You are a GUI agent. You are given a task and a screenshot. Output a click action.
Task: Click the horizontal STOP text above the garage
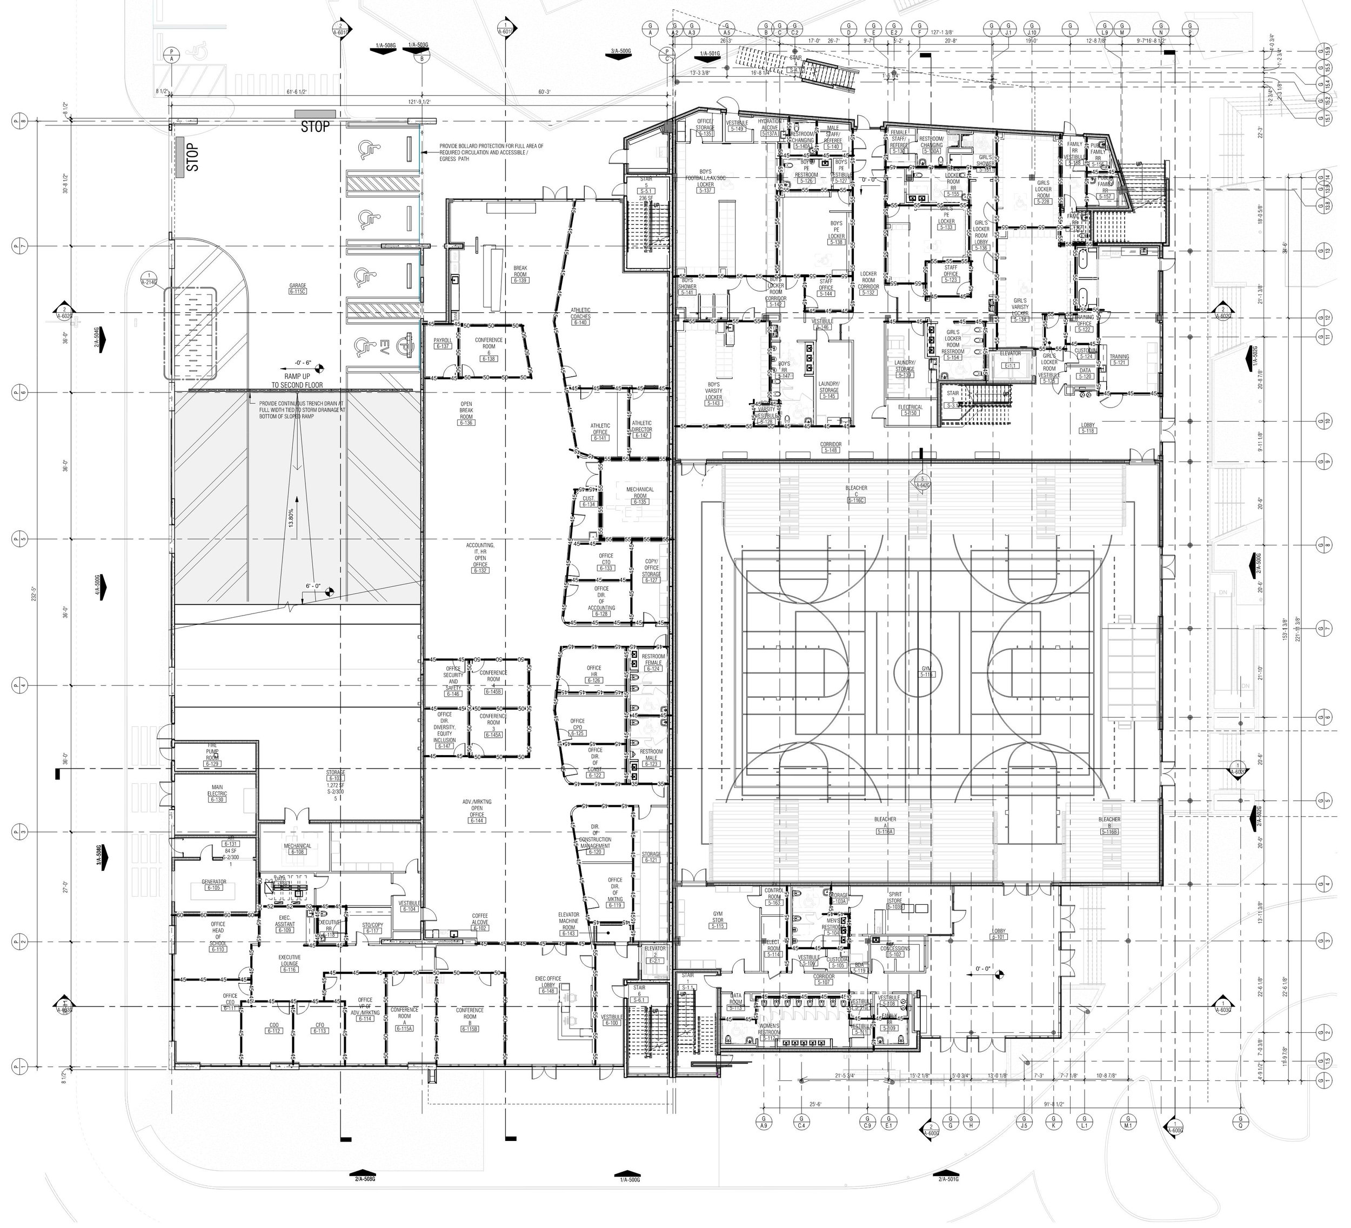pyautogui.click(x=315, y=126)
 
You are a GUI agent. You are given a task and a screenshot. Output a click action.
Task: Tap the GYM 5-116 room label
pyautogui.click(x=926, y=672)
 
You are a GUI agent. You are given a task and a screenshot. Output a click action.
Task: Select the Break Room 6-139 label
pyautogui.click(x=520, y=274)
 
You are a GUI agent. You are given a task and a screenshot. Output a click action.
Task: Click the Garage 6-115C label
pyautogui.click(x=298, y=288)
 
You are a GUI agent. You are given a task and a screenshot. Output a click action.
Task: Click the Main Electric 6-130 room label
pyautogui.click(x=217, y=793)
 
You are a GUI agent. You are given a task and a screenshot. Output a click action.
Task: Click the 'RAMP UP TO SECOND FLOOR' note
pyautogui.click(x=297, y=381)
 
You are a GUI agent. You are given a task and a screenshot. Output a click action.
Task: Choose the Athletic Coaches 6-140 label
pyautogui.click(x=580, y=316)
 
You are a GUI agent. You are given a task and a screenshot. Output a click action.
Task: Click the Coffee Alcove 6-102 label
pyautogui.click(x=479, y=922)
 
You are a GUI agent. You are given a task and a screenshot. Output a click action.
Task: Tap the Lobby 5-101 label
pyautogui.click(x=999, y=935)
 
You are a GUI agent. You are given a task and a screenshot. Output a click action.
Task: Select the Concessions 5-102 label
pyautogui.click(x=896, y=952)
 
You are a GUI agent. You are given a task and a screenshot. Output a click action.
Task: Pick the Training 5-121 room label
pyautogui.click(x=1119, y=359)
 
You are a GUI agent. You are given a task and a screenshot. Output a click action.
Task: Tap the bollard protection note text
pyautogui.click(x=491, y=153)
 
